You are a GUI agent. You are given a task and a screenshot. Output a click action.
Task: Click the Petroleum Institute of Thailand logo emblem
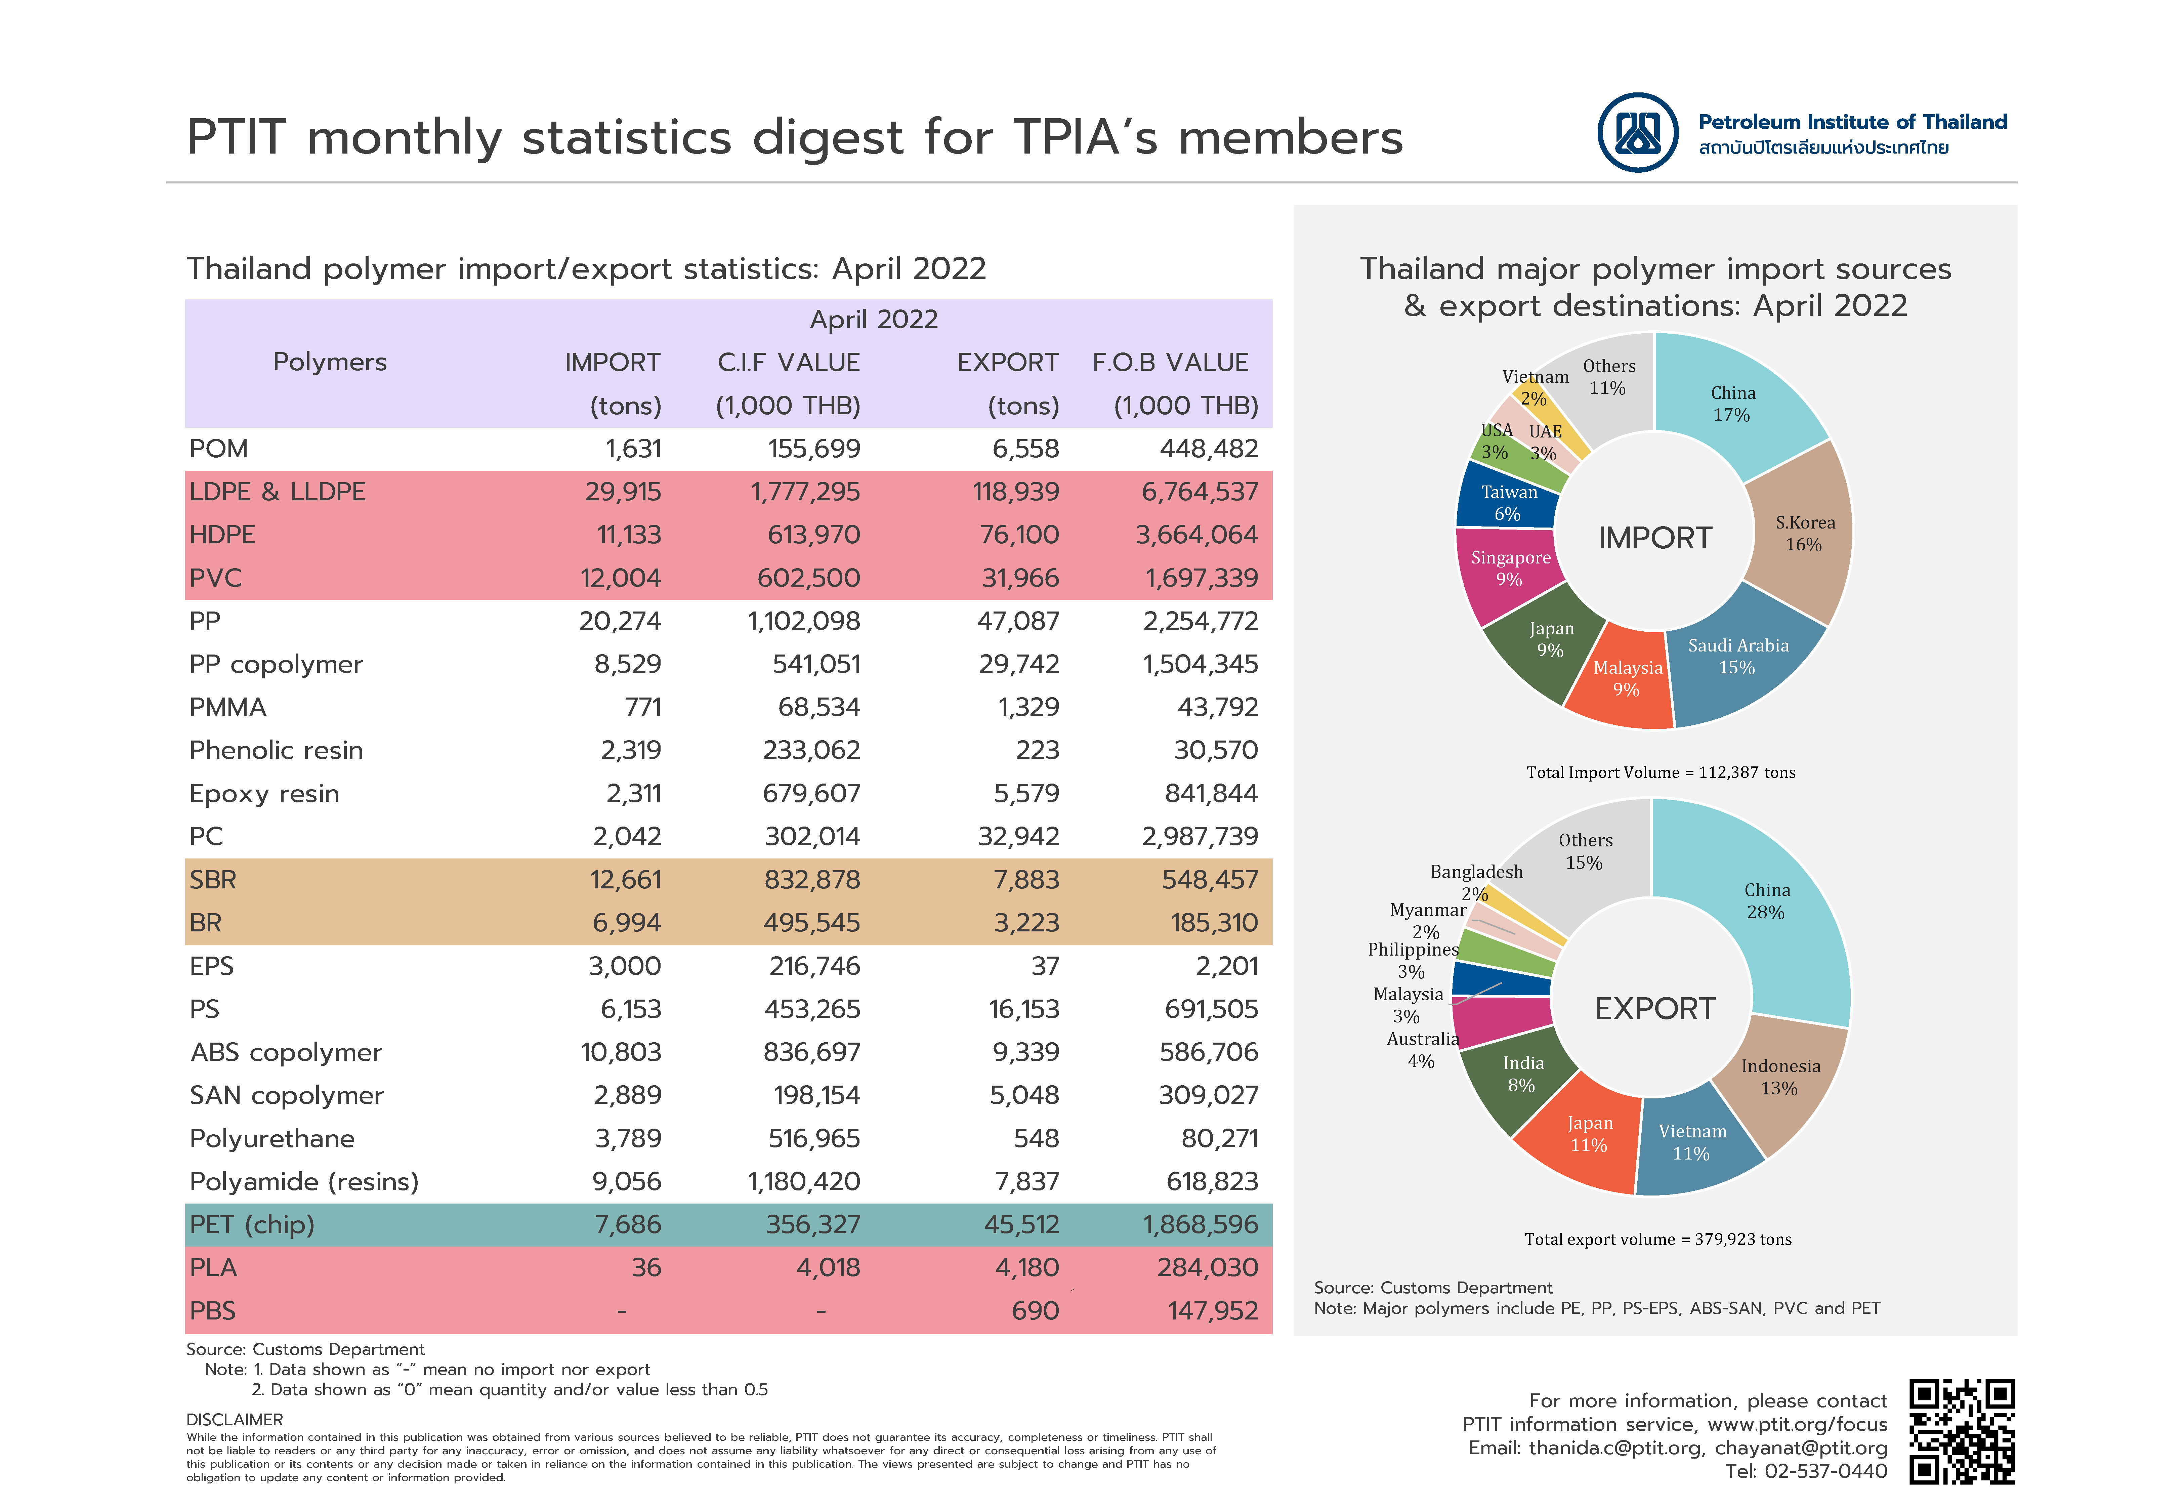1638,133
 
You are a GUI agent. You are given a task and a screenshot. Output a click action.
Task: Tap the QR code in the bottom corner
1962,1431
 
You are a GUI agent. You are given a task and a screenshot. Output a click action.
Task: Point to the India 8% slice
1515,1080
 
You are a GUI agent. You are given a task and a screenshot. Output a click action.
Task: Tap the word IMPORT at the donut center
1654,538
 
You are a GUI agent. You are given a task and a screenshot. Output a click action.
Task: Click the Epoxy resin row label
264,794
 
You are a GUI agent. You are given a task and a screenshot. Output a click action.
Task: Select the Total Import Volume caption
1660,772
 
